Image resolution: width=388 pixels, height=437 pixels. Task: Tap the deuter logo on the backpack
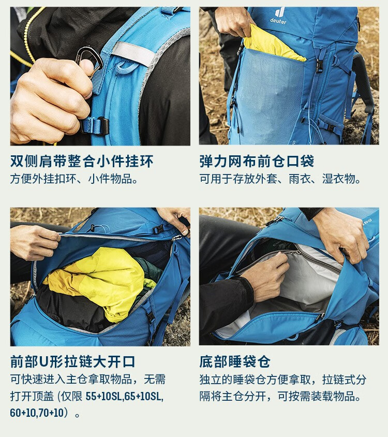(278, 16)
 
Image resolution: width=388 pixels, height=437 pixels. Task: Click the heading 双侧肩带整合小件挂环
(82, 161)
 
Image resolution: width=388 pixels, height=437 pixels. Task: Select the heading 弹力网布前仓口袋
(257, 161)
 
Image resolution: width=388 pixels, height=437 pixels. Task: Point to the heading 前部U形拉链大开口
(73, 361)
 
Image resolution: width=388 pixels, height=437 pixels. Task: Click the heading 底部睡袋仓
(235, 361)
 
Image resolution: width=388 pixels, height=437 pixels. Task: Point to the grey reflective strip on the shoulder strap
(132, 53)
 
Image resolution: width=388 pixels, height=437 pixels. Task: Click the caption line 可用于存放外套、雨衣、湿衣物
(280, 179)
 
